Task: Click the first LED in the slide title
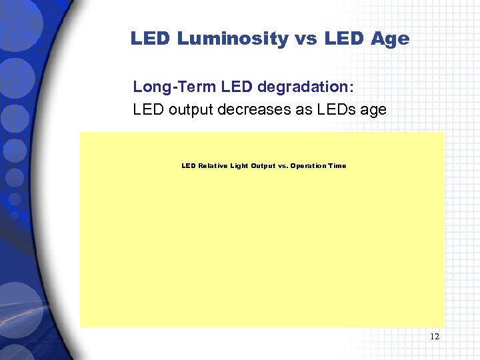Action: tap(151, 39)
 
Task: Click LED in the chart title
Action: tap(189, 166)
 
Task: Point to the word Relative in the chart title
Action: tap(213, 166)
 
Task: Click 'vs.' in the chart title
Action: tap(283, 166)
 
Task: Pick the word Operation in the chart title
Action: tap(309, 166)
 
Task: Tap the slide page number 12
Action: tap(435, 337)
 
